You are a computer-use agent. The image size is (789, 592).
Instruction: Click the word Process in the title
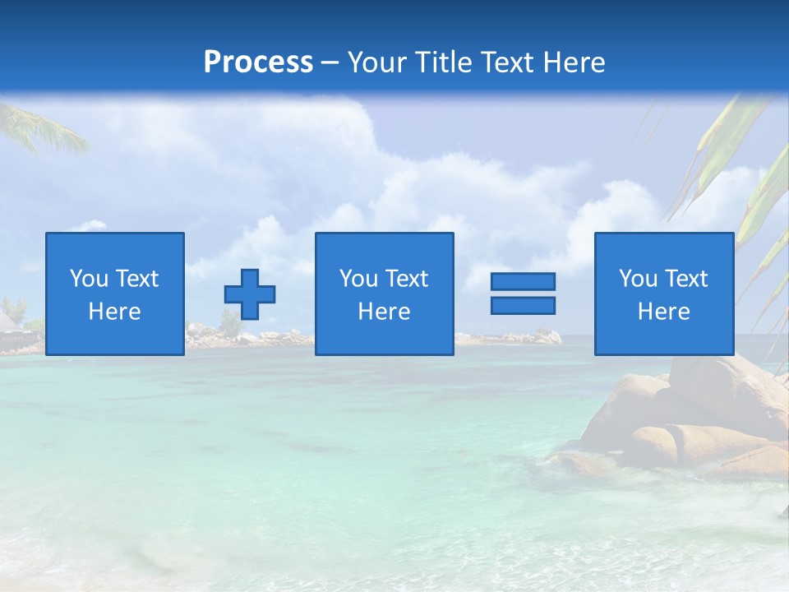point(258,62)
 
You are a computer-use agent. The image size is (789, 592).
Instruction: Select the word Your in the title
point(379,62)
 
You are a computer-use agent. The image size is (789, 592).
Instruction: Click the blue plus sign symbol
point(250,294)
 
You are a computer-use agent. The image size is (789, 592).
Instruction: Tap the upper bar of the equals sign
point(523,281)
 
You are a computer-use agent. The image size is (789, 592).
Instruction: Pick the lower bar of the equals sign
point(523,305)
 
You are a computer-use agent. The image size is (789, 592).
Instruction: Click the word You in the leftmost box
point(89,279)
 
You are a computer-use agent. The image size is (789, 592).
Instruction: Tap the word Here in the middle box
point(385,312)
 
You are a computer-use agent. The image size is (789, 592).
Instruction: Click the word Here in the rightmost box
point(664,312)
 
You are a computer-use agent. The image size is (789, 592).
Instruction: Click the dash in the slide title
point(330,63)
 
